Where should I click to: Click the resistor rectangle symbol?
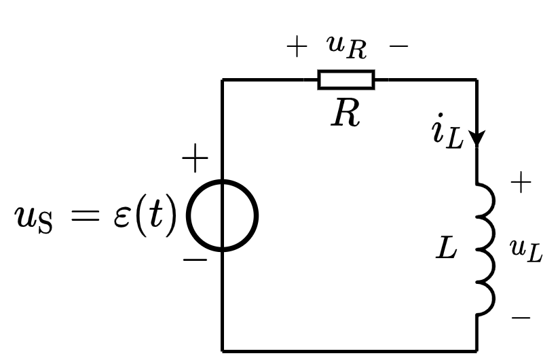pyautogui.click(x=346, y=79)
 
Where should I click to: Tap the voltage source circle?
pyautogui.click(x=222, y=215)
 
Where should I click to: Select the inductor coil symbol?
pyautogui.click(x=483, y=249)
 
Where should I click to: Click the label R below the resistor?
pyautogui.click(x=346, y=115)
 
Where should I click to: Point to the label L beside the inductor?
pyautogui.click(x=447, y=249)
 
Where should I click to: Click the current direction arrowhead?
pyautogui.click(x=477, y=138)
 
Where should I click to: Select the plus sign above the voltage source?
pyautogui.click(x=195, y=160)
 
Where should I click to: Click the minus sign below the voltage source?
pyautogui.click(x=195, y=260)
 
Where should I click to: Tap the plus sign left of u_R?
pyautogui.click(x=297, y=47)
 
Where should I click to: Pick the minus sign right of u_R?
pyautogui.click(x=398, y=47)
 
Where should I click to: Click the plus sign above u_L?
pyautogui.click(x=521, y=183)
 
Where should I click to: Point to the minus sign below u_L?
pyautogui.click(x=521, y=317)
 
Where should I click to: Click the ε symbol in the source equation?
pyautogui.click(x=122, y=217)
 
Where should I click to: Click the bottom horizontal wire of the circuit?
pyautogui.click(x=349, y=351)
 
